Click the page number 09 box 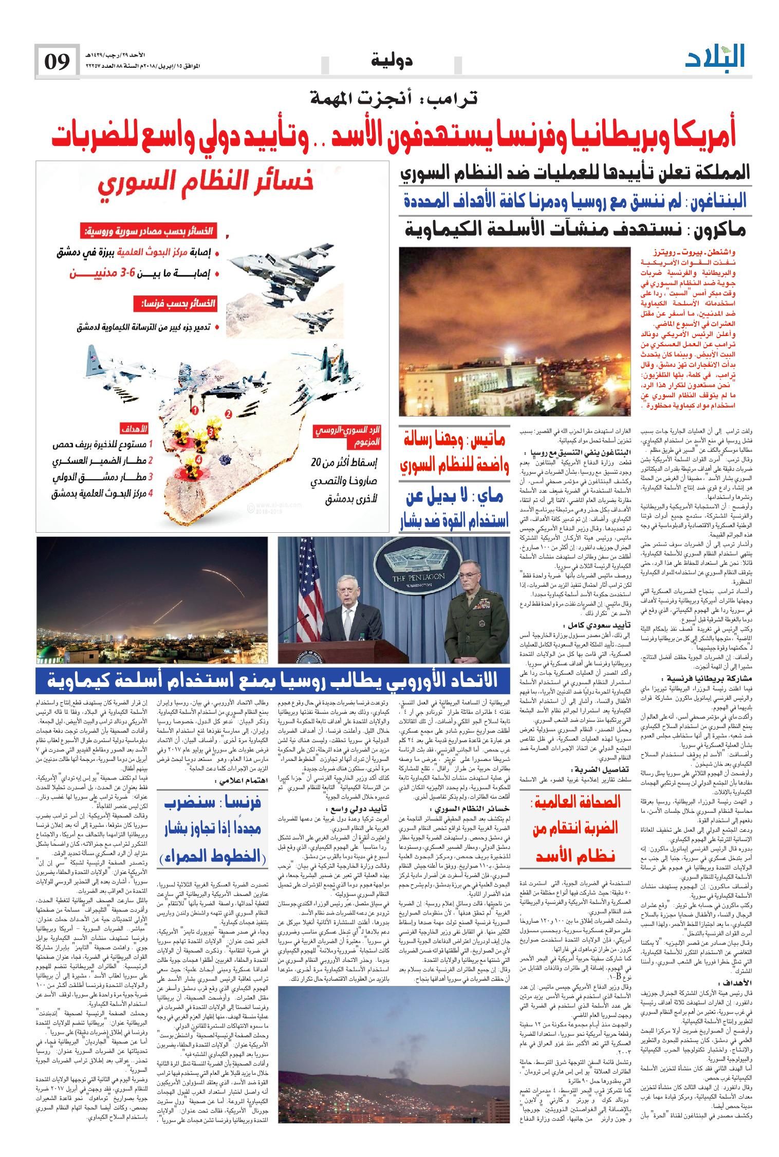pyautogui.click(x=57, y=62)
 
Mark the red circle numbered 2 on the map pyautogui.click(x=228, y=413)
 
